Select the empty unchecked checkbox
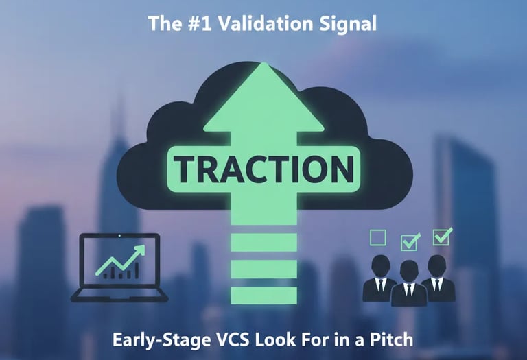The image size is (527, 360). (x=378, y=238)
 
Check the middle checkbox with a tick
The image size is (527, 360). (x=410, y=241)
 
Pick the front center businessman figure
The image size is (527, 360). (x=409, y=284)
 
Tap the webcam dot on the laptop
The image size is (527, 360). (x=119, y=237)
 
